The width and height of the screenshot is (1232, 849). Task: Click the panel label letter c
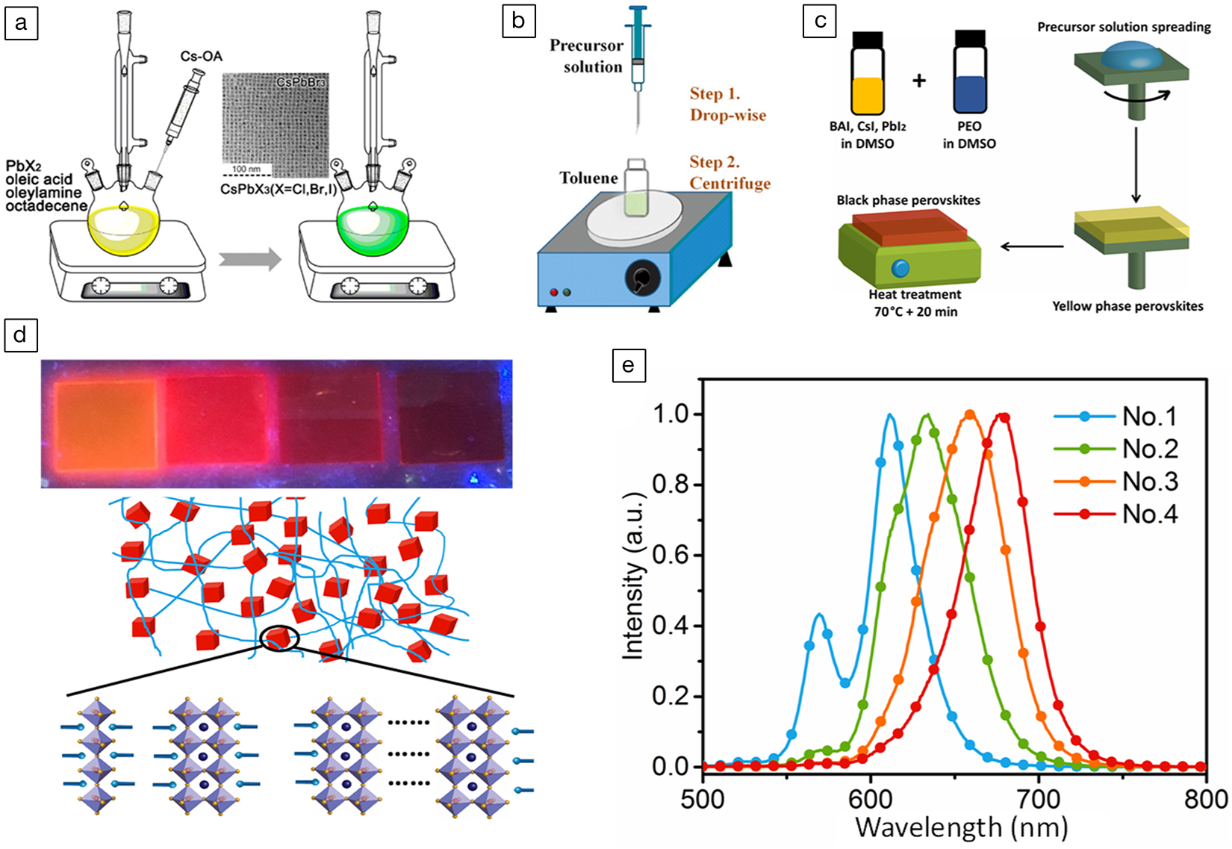click(820, 21)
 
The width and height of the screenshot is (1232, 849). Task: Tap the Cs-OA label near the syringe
click(202, 56)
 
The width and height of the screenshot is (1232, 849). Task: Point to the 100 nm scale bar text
click(246, 170)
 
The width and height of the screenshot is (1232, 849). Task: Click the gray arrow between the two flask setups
click(250, 260)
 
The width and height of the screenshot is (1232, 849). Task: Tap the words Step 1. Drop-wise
click(727, 105)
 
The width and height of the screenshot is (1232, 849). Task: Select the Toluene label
click(589, 178)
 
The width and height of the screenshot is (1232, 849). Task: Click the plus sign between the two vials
click(919, 80)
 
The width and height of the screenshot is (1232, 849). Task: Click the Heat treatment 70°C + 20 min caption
click(915, 303)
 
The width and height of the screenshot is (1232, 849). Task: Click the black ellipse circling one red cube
click(280, 638)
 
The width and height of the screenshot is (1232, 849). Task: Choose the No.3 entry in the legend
click(1149, 482)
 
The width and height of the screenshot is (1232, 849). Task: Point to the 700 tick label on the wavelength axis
click(1039, 800)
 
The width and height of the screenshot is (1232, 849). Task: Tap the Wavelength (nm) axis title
click(961, 828)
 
